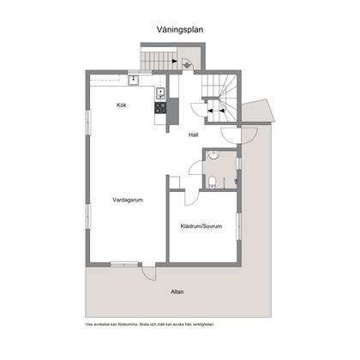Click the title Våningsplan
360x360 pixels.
179,27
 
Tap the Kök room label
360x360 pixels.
122,105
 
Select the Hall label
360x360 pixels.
194,135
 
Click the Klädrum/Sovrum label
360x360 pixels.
201,226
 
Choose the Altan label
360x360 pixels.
177,291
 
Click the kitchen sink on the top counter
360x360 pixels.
134,81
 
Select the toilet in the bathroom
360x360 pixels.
213,180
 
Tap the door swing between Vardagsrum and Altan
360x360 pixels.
149,273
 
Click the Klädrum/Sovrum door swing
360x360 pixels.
192,196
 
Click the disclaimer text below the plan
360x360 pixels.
149,325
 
